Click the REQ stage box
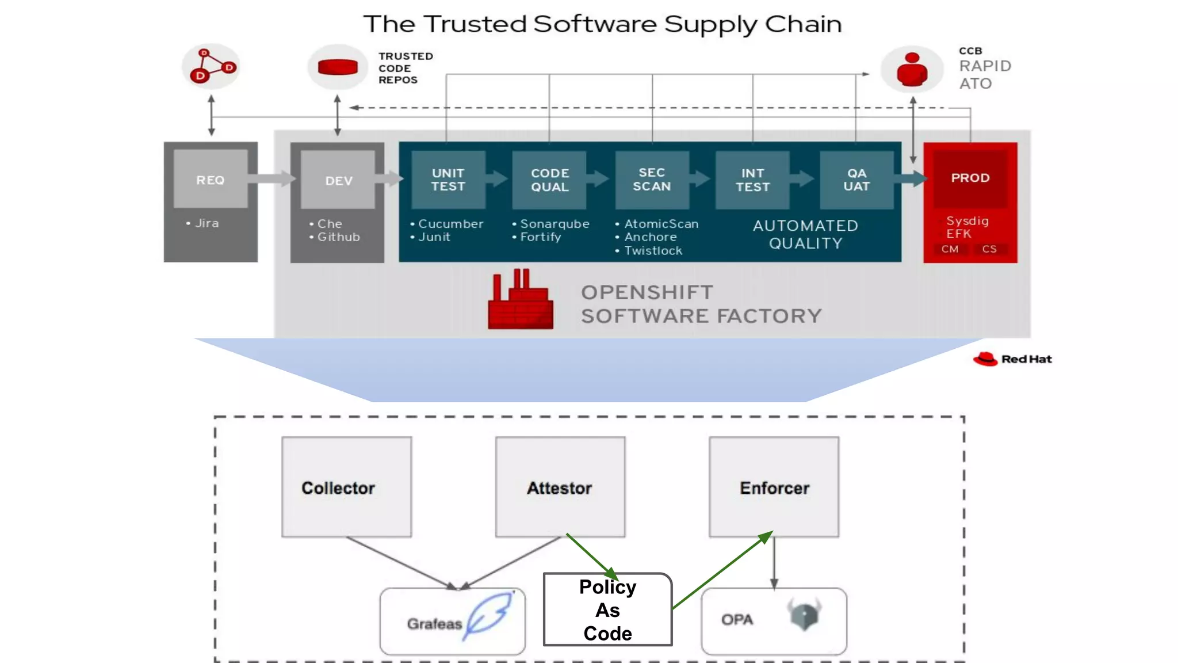[211, 180]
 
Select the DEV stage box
[338, 181]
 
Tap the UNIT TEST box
[448, 180]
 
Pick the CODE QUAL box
[549, 180]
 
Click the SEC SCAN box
[652, 180]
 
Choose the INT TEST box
[752, 180]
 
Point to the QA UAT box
[856, 180]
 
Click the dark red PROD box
[970, 178]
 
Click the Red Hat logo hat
[985, 359]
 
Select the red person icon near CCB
[912, 70]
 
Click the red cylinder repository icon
[338, 67]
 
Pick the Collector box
[346, 487]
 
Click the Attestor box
[560, 487]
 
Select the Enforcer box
[774, 487]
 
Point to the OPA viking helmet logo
[804, 614]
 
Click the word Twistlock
[653, 251]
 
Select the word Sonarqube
[554, 224]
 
